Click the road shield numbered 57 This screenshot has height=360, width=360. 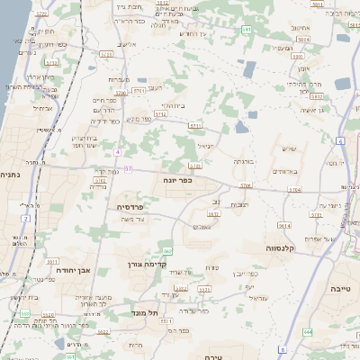(x=129, y=168)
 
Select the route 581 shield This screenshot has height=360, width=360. (x=247, y=30)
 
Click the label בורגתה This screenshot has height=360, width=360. (x=243, y=162)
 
